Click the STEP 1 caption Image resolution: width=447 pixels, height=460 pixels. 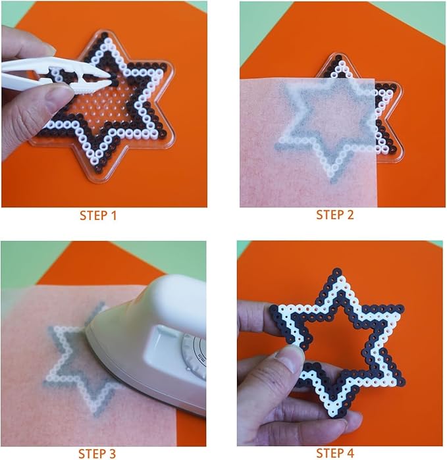(x=98, y=216)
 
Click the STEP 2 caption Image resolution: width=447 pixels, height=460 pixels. (x=335, y=215)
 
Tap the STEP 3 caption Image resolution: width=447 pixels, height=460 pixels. (x=97, y=453)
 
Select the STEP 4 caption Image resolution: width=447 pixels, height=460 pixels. (x=335, y=453)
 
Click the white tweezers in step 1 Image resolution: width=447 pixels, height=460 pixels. (x=56, y=75)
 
